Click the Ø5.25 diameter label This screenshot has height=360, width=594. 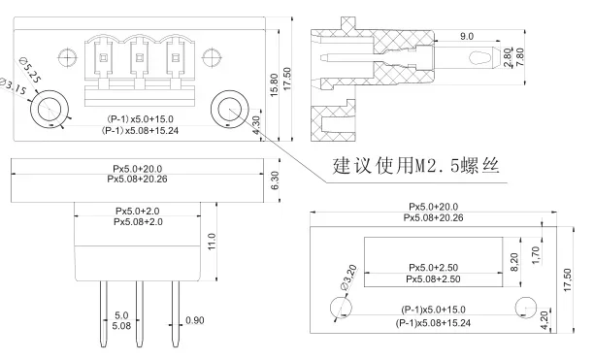tap(29, 71)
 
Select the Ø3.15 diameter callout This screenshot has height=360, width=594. tap(14, 86)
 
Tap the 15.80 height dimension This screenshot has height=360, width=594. tap(275, 84)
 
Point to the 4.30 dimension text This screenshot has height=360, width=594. tap(256, 125)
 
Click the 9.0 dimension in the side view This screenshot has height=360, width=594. tap(467, 36)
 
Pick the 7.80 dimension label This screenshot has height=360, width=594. tap(520, 57)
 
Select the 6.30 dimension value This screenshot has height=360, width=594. tap(276, 180)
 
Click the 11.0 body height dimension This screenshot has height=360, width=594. tap(212, 242)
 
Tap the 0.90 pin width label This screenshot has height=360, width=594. tap(195, 320)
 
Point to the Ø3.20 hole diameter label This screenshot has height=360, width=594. tap(348, 278)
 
